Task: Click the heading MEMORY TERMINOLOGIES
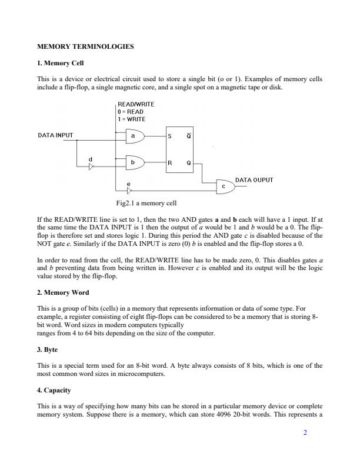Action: pyautogui.click(x=86, y=46)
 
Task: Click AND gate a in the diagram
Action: pyautogui.click(x=134, y=135)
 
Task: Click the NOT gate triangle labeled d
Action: pyautogui.click(x=91, y=167)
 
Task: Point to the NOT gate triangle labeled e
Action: pyautogui.click(x=129, y=191)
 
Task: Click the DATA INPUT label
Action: pyautogui.click(x=55, y=135)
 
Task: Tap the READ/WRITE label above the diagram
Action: pyautogui.click(x=136, y=104)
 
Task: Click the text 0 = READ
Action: pyautogui.click(x=131, y=111)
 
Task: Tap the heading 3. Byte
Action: pyautogui.click(x=51, y=348)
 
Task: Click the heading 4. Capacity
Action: pyautogui.click(x=58, y=389)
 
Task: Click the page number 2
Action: pyautogui.click(x=305, y=432)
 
